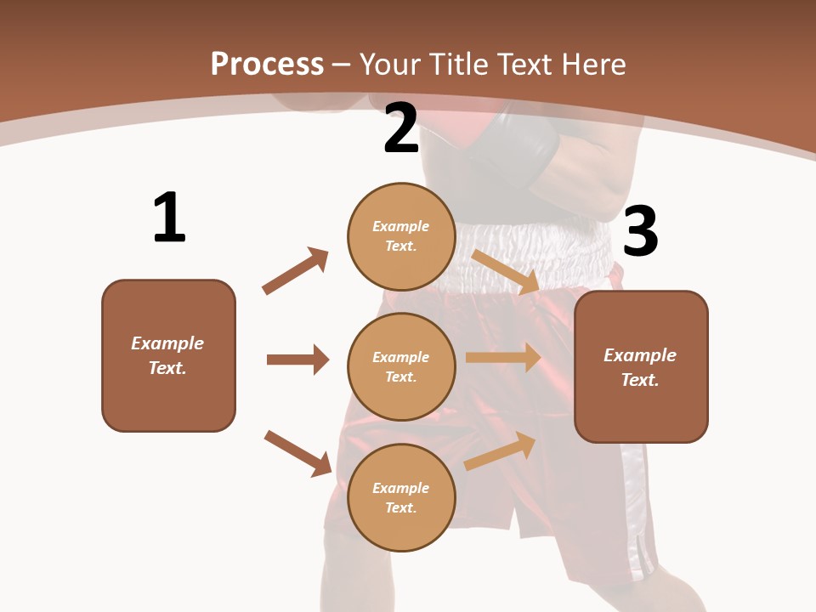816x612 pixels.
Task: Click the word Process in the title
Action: [x=267, y=64]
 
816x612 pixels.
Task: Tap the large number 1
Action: [x=169, y=218]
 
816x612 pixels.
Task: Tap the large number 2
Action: [x=401, y=128]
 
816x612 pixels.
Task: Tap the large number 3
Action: [x=640, y=232]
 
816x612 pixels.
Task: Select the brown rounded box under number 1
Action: [x=168, y=355]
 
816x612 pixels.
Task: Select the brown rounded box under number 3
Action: [x=641, y=366]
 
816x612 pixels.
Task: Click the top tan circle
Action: [x=401, y=235]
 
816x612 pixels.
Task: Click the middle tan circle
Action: [x=401, y=366]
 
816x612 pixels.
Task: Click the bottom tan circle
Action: [x=401, y=497]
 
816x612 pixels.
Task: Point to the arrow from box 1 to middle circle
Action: [x=297, y=360]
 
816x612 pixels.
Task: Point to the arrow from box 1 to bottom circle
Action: [x=297, y=453]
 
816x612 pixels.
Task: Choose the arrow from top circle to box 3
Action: [x=507, y=272]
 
